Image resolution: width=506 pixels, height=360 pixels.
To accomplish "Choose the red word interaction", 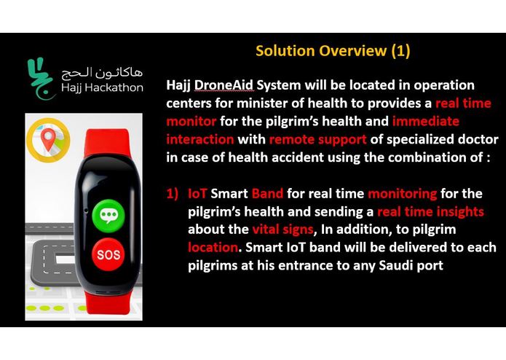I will click(x=201, y=138).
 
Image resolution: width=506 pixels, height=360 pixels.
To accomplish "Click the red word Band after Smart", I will click(x=270, y=195).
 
